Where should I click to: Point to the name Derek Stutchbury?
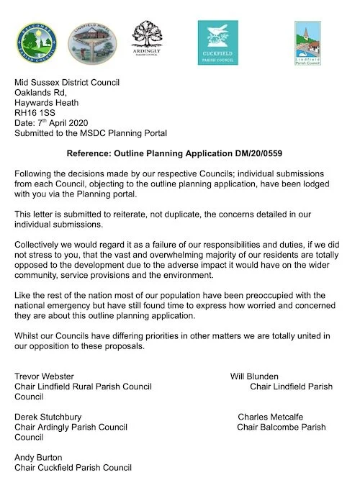point(49,417)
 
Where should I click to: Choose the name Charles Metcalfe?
point(270,417)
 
